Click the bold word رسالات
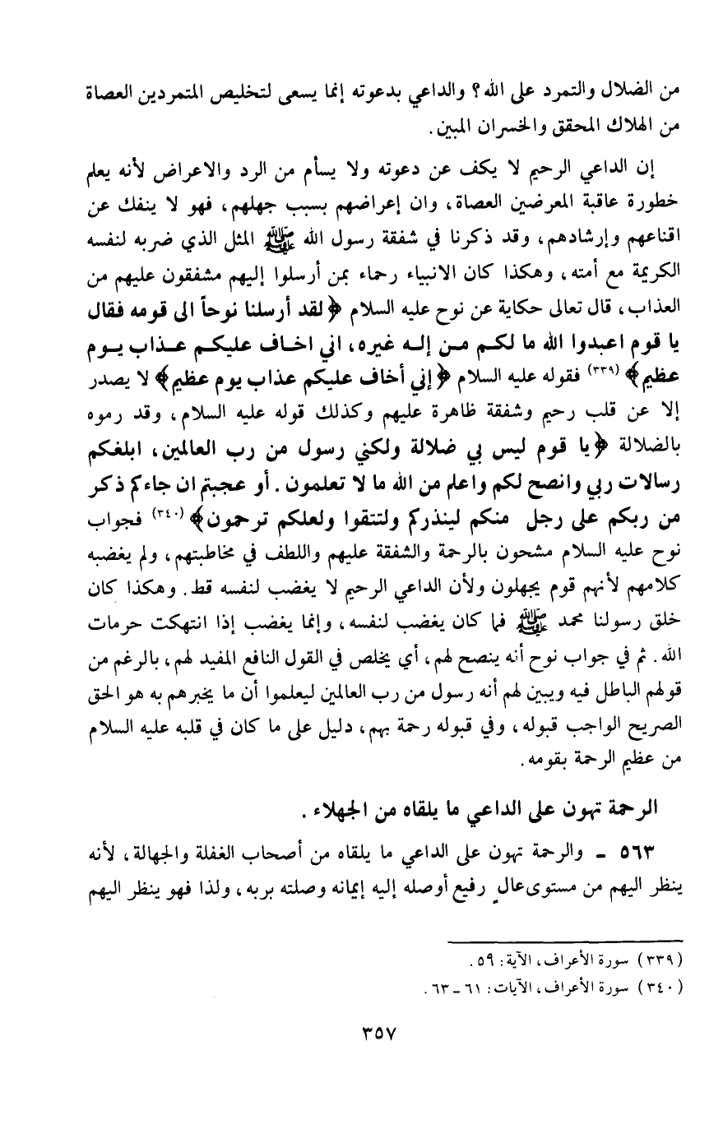pyautogui.click(x=636, y=479)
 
